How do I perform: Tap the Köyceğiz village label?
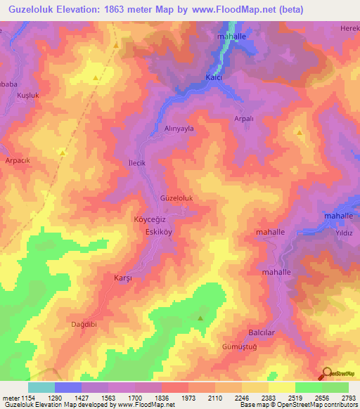click(149, 219)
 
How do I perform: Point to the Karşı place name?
click(123, 278)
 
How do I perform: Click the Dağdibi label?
click(86, 324)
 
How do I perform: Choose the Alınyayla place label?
click(179, 129)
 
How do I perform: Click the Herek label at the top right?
click(349, 27)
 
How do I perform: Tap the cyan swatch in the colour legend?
click(41, 387)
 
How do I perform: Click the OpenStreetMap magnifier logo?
click(326, 372)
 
